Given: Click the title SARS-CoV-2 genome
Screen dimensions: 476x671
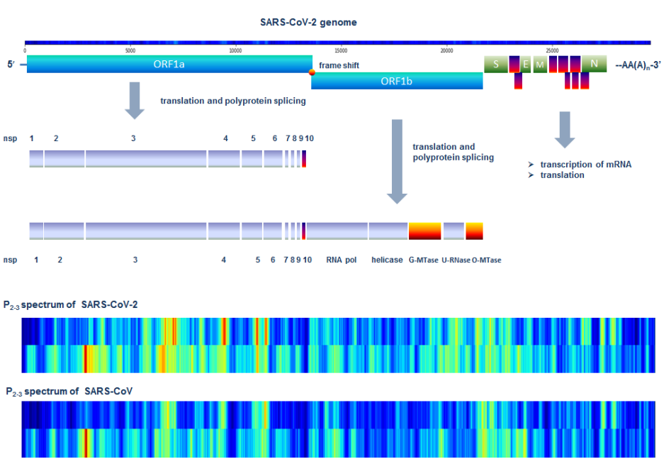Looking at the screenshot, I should [308, 22].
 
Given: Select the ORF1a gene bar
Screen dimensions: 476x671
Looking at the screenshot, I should [169, 65].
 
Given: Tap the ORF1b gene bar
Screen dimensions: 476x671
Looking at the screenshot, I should [397, 81].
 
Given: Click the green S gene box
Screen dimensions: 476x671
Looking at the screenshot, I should [495, 65].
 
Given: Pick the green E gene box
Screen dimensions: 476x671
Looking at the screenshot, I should [525, 65].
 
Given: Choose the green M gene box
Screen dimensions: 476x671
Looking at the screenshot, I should [540, 65].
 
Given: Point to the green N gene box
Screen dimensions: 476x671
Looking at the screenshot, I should [594, 65].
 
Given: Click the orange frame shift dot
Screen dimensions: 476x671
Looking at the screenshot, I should [312, 72].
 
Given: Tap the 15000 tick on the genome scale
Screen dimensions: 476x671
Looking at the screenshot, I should [341, 50].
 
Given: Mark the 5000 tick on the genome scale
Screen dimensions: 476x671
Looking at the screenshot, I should [130, 50].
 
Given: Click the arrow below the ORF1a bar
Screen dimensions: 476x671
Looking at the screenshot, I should [135, 100].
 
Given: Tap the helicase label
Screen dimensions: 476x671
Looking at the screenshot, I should [387, 260].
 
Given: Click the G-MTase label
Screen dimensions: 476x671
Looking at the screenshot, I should [423, 260].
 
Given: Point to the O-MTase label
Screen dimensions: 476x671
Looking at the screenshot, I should [487, 260].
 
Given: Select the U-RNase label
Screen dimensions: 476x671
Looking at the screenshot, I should [456, 260].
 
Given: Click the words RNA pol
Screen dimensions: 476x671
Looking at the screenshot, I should [342, 260].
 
